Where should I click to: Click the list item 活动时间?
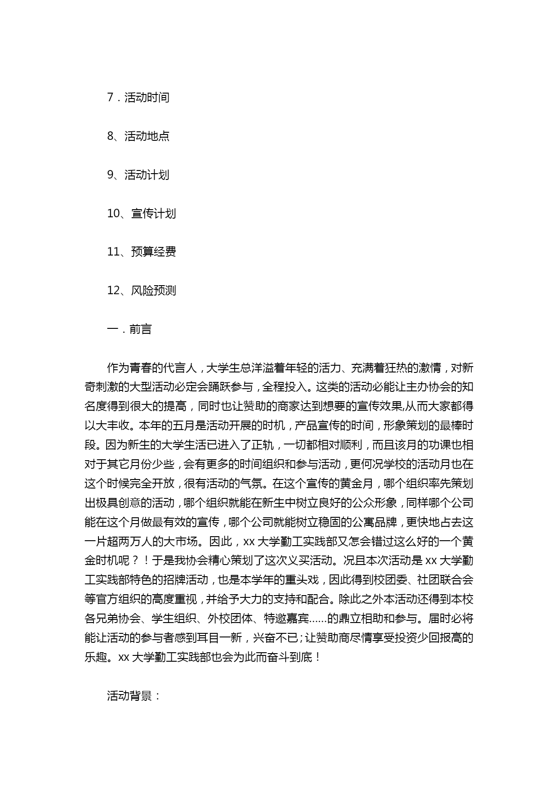(x=147, y=98)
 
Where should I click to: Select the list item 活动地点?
(x=147, y=136)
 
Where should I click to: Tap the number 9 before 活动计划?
(x=111, y=175)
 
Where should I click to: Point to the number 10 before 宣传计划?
(x=113, y=214)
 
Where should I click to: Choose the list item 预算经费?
(x=153, y=252)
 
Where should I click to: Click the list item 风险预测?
(x=153, y=291)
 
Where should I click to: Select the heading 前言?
(x=140, y=329)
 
